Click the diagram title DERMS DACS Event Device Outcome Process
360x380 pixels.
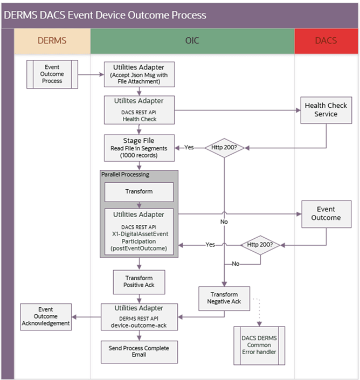(105, 15)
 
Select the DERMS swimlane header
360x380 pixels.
(52, 41)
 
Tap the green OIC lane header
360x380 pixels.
(192, 41)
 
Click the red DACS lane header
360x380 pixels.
(326, 41)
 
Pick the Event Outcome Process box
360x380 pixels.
(52, 74)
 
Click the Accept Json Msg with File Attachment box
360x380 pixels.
(140, 74)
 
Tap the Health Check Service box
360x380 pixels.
(326, 110)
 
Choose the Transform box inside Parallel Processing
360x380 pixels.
(139, 191)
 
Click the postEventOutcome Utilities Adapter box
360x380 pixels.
(139, 231)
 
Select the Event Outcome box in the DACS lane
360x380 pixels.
(326, 213)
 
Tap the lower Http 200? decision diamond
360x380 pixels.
(260, 244)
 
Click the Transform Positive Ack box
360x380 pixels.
(139, 280)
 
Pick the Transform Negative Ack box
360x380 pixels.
(225, 298)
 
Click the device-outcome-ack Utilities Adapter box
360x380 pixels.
(140, 316)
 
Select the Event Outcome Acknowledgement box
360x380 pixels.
(46, 316)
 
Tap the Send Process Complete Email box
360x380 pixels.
(140, 351)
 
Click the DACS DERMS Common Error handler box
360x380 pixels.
(259, 345)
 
